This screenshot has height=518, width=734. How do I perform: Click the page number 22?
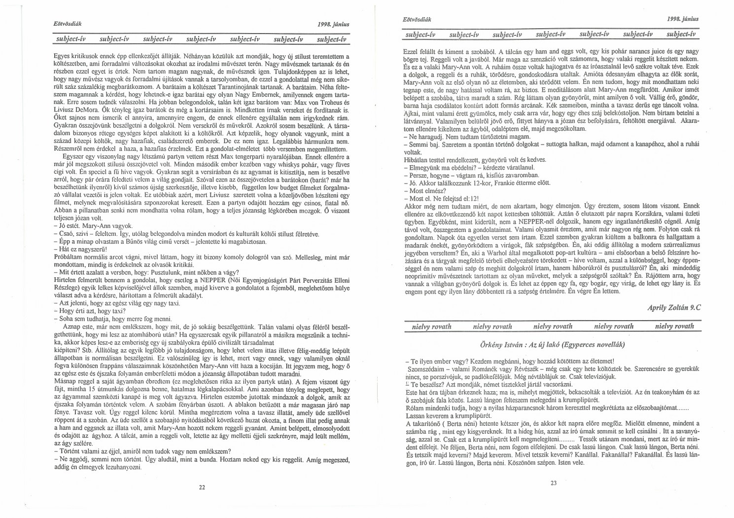click(202, 487)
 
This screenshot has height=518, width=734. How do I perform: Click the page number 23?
click(553, 483)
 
